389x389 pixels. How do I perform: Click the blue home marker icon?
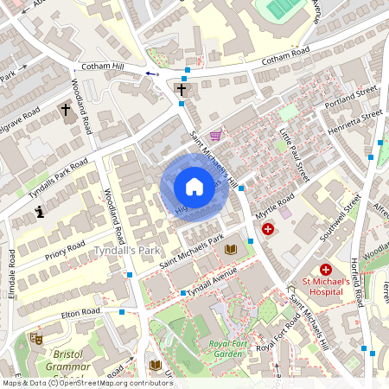coord(194,187)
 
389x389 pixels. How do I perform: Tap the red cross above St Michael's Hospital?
coord(326,271)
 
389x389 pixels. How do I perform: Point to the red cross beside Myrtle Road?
coord(268,230)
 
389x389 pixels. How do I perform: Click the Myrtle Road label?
coord(275,207)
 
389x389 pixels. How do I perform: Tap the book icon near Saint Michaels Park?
coord(230,250)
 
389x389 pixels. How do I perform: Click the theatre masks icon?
coord(35,338)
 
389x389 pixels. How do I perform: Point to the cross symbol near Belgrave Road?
coord(66,110)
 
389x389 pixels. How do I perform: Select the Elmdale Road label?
coord(11,272)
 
